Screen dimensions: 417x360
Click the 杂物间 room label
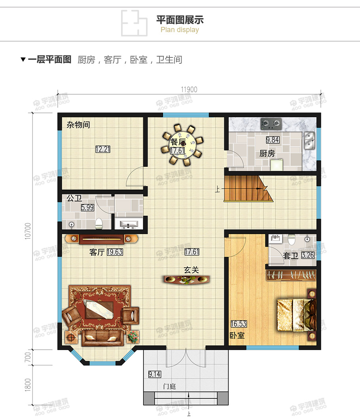(x=78, y=125)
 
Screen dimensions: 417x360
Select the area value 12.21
(x=102, y=149)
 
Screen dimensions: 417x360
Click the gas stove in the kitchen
(x=271, y=124)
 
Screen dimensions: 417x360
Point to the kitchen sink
(x=309, y=140)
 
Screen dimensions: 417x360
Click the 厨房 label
(x=267, y=154)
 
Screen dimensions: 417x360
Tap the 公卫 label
(x=74, y=198)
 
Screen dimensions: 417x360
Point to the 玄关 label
(x=191, y=270)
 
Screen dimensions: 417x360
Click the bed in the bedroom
(x=297, y=315)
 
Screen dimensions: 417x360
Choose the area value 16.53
(x=239, y=324)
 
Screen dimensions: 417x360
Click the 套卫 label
(x=291, y=256)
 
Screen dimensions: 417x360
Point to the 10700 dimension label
(x=27, y=230)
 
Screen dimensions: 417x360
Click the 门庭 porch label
(x=169, y=387)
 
